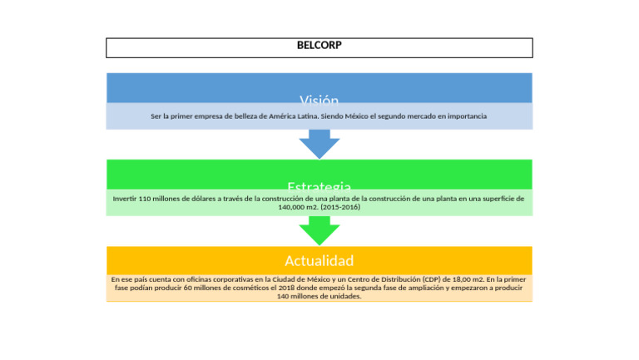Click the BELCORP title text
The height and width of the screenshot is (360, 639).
point(319,46)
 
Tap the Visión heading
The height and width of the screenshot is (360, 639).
point(319,100)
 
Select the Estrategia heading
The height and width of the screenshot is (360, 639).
point(319,186)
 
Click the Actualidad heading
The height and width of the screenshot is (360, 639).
point(319,260)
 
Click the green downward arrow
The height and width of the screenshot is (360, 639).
point(319,229)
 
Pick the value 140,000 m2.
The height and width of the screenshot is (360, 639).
point(298,207)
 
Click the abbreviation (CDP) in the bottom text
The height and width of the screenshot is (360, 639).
point(432,279)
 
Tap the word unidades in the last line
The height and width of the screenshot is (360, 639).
point(344,296)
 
